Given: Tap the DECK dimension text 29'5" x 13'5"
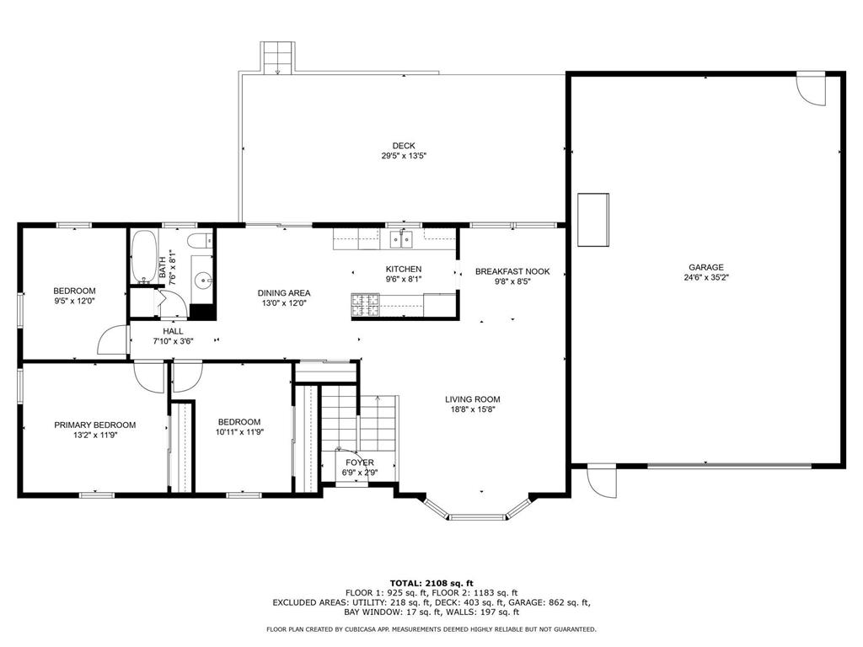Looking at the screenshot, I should click(404, 156).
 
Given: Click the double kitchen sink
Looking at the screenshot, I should click(400, 240).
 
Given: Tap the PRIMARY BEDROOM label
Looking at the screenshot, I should click(94, 425).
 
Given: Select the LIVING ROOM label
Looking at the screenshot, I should click(473, 399).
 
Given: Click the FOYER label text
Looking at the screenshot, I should click(359, 463).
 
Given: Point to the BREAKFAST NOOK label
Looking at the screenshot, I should click(512, 271).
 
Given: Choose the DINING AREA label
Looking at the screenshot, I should click(284, 293).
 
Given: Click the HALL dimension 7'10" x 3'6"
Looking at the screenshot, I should click(173, 341).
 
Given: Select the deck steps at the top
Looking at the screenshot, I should click(275, 57).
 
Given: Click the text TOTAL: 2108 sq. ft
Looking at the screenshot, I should click(431, 583).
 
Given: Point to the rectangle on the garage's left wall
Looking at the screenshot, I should click(593, 220).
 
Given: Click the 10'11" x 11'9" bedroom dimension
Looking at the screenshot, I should click(239, 432).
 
